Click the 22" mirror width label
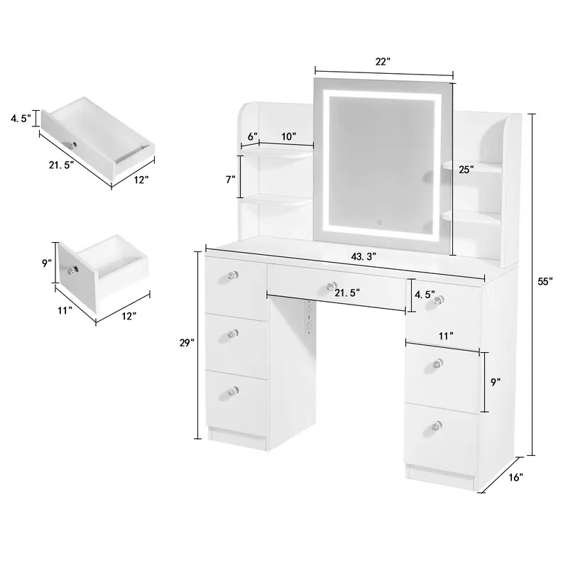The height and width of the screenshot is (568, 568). coord(383,62)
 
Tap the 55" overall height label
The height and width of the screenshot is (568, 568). coord(545,281)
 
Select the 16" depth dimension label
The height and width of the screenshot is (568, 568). coord(516,477)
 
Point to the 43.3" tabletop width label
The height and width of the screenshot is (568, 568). coord(364,256)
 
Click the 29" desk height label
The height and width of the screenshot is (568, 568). coord(187,343)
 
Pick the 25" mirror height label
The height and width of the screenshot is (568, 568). coord(466,170)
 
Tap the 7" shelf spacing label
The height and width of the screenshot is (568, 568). coord(231,180)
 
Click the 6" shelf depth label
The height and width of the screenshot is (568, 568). coord(253,136)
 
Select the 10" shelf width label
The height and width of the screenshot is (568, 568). coord(289,136)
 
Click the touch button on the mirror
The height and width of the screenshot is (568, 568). coord(380,222)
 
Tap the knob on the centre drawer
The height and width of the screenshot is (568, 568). coord(330,287)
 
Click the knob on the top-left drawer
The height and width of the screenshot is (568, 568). coord(233,275)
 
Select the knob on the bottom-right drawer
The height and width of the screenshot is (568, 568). coord(437,425)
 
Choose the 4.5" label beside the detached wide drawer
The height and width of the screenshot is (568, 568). coord(21,118)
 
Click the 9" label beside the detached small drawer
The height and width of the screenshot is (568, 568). coord(47,263)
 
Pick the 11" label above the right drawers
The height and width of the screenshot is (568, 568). coord(446,336)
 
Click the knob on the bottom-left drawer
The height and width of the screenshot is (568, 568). coord(233,392)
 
